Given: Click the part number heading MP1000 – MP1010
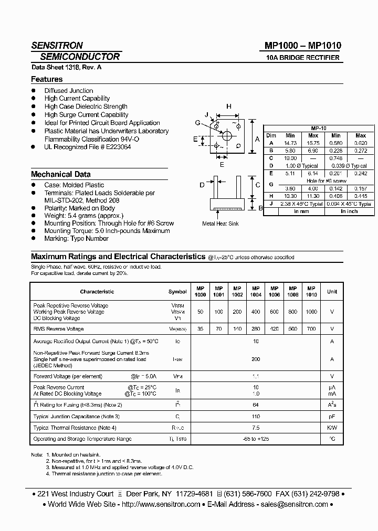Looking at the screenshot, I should point(299,46).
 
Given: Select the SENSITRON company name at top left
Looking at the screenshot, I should point(57,46).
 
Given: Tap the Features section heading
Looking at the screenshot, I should point(47,79).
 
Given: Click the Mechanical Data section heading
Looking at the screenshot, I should point(60,174).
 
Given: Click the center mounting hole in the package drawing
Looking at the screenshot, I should point(228,135).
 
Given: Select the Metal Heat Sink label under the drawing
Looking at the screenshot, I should point(220,224).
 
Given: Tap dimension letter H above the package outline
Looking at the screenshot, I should point(229,107).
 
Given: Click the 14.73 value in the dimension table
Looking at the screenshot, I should point(290,143).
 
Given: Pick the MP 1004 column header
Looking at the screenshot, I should point(256,291).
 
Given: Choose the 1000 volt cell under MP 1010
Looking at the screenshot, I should point(311,312).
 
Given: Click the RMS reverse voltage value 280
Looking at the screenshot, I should point(256,329).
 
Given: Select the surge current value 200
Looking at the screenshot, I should point(256,359).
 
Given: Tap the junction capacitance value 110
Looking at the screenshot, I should point(256,416).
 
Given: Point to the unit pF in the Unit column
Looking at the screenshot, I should point(332,416).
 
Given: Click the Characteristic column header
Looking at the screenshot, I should point(97,291).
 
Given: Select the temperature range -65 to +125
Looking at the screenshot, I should point(256,439).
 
